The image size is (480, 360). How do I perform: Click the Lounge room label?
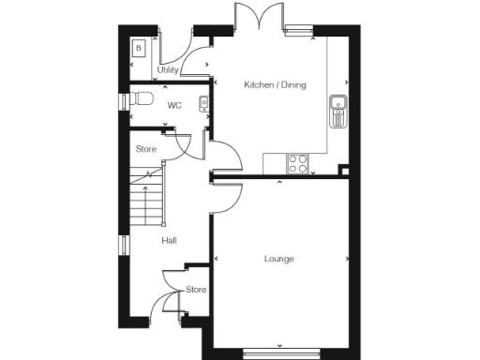[x=278, y=259]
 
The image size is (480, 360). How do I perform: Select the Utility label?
[x=168, y=70]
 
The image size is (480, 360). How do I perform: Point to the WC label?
[x=173, y=106]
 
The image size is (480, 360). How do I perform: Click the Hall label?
[x=169, y=241]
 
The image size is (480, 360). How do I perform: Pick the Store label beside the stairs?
[x=145, y=149]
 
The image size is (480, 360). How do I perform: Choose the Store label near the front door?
[x=195, y=290]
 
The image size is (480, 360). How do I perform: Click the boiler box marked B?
[x=139, y=48]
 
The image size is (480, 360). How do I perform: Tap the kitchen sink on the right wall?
[x=337, y=111]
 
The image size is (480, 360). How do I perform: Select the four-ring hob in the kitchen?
[x=298, y=163]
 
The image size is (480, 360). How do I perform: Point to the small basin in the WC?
[x=203, y=103]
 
